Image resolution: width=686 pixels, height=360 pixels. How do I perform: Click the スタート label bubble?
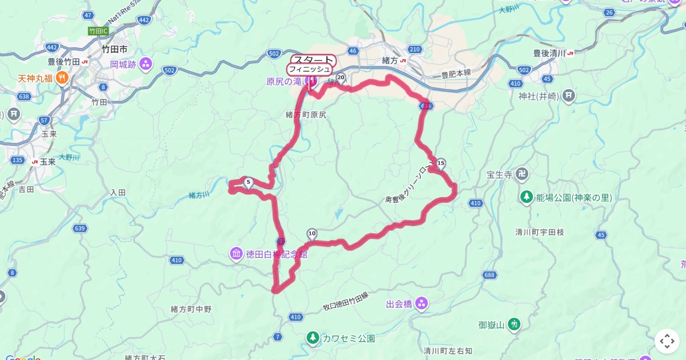coord(313,60)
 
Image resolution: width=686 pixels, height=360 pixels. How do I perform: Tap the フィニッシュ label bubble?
coord(309,69)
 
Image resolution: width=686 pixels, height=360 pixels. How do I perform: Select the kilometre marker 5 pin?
coord(248,182)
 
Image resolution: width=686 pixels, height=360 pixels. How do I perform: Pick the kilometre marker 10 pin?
coord(312,233)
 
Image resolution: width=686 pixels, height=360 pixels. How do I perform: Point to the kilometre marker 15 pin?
coord(440,164)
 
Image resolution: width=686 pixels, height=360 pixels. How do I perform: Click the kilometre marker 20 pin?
coord(341,77)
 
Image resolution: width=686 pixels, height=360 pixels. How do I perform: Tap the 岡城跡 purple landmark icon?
coord(145,63)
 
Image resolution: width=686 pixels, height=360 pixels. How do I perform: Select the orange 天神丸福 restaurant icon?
coord(62,78)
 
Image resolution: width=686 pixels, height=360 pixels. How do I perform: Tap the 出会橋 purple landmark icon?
coord(421,303)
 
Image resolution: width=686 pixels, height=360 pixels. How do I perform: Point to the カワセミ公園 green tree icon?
coord(313,338)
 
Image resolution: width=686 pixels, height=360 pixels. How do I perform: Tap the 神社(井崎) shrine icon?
coord(568,95)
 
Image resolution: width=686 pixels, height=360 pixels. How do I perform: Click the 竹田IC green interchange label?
coord(98,30)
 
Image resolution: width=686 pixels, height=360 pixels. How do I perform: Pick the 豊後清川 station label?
coord(549,53)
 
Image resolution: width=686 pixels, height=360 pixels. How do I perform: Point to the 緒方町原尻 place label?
coord(306,115)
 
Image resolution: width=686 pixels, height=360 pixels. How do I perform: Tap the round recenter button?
coord(667,341)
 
